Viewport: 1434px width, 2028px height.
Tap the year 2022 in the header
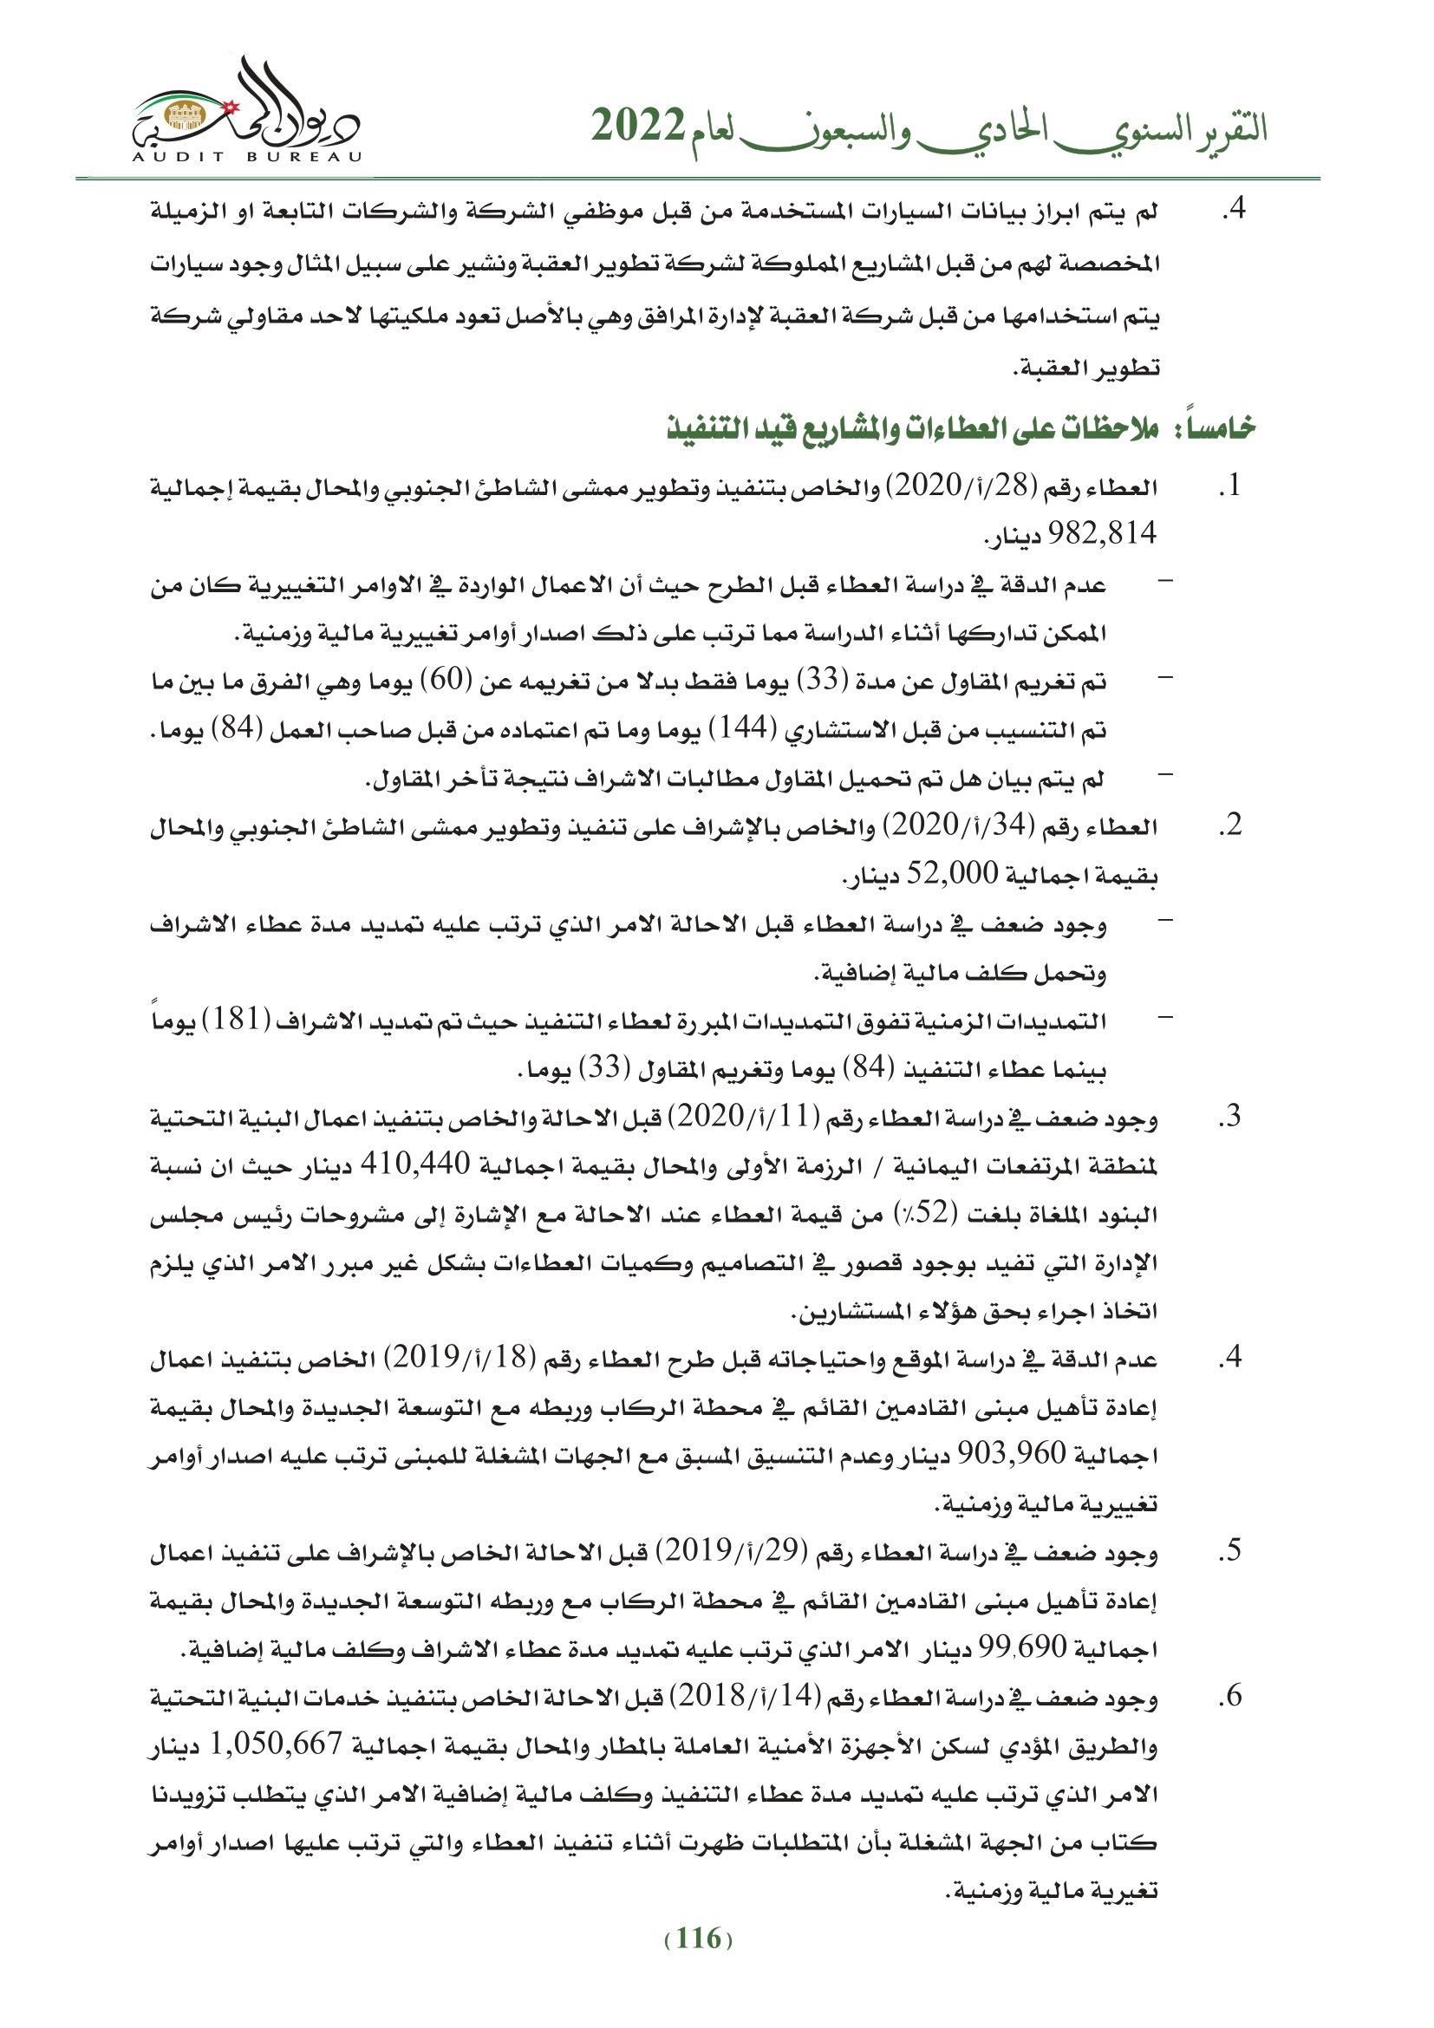[637, 127]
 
